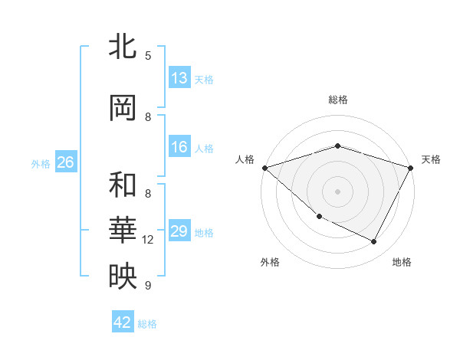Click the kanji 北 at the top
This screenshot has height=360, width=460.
(123, 46)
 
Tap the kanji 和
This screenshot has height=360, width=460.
(123, 185)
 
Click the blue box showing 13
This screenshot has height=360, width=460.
(179, 78)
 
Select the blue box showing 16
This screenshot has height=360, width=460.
(179, 147)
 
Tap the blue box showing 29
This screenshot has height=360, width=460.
(179, 231)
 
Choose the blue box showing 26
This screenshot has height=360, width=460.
(65, 162)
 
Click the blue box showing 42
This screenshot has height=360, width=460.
(123, 322)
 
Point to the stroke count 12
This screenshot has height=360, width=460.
(148, 240)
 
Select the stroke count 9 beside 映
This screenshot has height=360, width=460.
(148, 286)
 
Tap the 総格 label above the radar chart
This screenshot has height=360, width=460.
(337, 100)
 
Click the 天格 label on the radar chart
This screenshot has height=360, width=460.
(432, 159)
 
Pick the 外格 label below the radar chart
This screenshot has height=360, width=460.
(270, 262)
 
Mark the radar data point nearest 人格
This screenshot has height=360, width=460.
(264, 168)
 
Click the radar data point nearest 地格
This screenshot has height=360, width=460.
(374, 242)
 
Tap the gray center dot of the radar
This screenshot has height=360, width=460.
(337, 191)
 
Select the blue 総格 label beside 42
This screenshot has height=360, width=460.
(147, 323)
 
